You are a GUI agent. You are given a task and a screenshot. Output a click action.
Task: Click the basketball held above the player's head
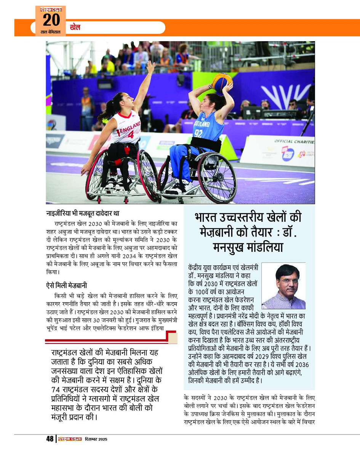[222, 82]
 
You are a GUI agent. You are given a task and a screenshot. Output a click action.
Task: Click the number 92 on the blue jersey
[198, 133]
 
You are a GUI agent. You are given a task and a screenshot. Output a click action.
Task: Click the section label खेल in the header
[75, 27]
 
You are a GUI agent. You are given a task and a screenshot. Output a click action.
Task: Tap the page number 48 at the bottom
[50, 439]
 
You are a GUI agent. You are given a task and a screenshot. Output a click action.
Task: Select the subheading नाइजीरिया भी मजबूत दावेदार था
[83, 214]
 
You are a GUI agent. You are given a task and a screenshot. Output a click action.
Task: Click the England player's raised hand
[151, 67]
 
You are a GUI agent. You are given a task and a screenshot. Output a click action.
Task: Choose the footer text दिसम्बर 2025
[96, 439]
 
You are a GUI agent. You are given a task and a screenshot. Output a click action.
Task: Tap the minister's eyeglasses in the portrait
[283, 281]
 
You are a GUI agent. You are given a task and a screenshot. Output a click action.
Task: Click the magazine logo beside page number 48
[69, 439]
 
